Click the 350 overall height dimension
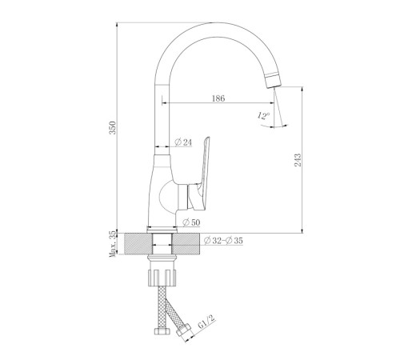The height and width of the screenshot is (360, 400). (x=113, y=128)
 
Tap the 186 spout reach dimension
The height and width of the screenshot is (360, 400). (x=218, y=98)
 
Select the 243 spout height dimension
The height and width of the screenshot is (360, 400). (x=298, y=160)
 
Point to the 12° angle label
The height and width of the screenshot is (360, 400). (x=263, y=115)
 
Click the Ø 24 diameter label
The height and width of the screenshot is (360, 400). (x=183, y=142)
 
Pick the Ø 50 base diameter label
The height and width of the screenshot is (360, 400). (x=191, y=222)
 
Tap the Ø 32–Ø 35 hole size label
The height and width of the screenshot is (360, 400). (x=223, y=241)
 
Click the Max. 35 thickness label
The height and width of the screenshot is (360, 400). (x=113, y=244)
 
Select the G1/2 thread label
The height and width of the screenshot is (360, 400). (x=206, y=322)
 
